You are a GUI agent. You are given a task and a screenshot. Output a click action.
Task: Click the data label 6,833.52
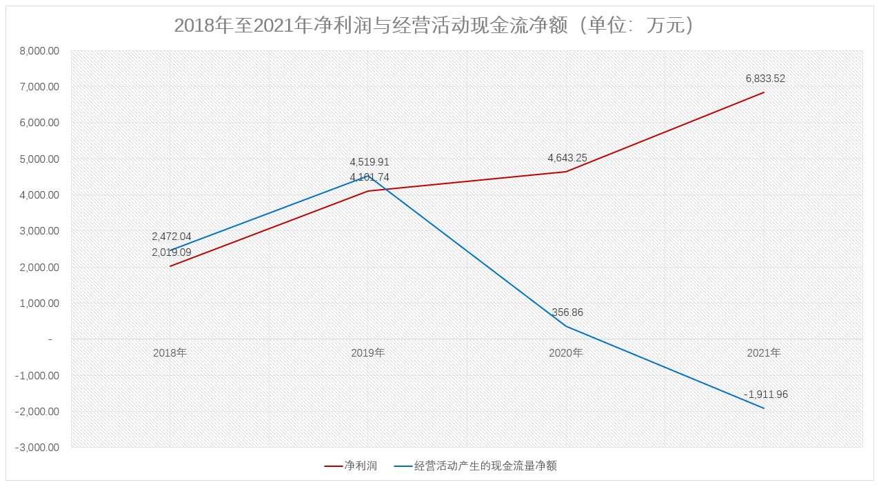(765, 79)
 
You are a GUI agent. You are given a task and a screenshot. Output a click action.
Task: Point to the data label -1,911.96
(765, 395)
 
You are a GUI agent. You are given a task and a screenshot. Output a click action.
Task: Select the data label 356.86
(567, 312)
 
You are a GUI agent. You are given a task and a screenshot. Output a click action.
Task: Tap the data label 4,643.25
(567, 158)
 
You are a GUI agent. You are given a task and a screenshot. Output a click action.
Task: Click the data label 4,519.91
(369, 162)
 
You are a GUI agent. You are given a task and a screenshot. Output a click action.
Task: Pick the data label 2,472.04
(171, 237)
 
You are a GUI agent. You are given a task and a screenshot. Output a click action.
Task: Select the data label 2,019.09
(171, 252)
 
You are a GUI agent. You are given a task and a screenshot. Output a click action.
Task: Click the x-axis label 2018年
(170, 352)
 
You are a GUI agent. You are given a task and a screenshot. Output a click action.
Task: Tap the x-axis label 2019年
(368, 352)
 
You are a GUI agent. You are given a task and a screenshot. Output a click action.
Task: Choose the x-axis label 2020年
(566, 352)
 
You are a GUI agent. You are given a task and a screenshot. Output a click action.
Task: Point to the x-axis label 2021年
(764, 352)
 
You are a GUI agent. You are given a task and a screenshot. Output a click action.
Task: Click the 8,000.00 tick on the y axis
(41, 51)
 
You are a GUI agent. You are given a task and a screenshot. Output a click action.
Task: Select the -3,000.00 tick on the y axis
(39, 448)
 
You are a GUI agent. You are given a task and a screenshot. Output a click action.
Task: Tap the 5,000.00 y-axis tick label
(41, 159)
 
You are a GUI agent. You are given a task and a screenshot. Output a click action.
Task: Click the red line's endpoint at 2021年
(764, 92)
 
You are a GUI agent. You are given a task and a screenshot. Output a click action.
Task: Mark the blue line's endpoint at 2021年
(764, 408)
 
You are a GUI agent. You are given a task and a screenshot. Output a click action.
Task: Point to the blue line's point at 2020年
(566, 326)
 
